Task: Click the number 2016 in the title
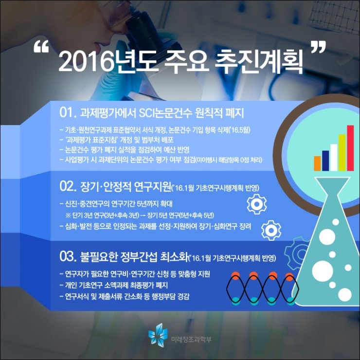pos(86,62)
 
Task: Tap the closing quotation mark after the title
pos(318,47)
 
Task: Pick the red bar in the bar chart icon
pos(350,148)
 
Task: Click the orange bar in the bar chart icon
pos(317,163)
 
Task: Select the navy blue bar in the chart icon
pos(325,161)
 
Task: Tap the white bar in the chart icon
pos(334,158)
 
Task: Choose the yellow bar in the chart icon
pos(342,153)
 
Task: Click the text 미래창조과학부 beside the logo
pos(191,339)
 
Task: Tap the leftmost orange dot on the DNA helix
pos(235,275)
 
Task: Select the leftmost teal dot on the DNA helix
pos(235,300)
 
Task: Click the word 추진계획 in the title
pos(259,62)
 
